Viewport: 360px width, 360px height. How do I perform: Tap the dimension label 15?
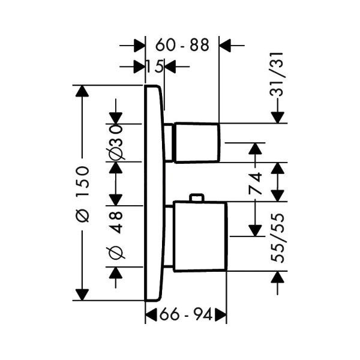(155, 66)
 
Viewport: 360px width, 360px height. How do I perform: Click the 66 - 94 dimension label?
(186, 314)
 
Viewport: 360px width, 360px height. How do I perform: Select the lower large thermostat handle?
(200, 236)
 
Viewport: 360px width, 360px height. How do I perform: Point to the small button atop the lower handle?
(196, 198)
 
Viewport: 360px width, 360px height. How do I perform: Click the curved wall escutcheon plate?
(154, 192)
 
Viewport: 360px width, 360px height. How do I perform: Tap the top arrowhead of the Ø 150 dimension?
(81, 92)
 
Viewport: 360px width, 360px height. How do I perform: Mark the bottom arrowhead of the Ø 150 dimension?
(81, 293)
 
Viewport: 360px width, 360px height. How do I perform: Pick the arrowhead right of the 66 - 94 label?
(221, 314)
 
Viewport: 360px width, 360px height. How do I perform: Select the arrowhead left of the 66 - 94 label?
(152, 314)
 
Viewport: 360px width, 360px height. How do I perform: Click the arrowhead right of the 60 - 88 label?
(227, 44)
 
